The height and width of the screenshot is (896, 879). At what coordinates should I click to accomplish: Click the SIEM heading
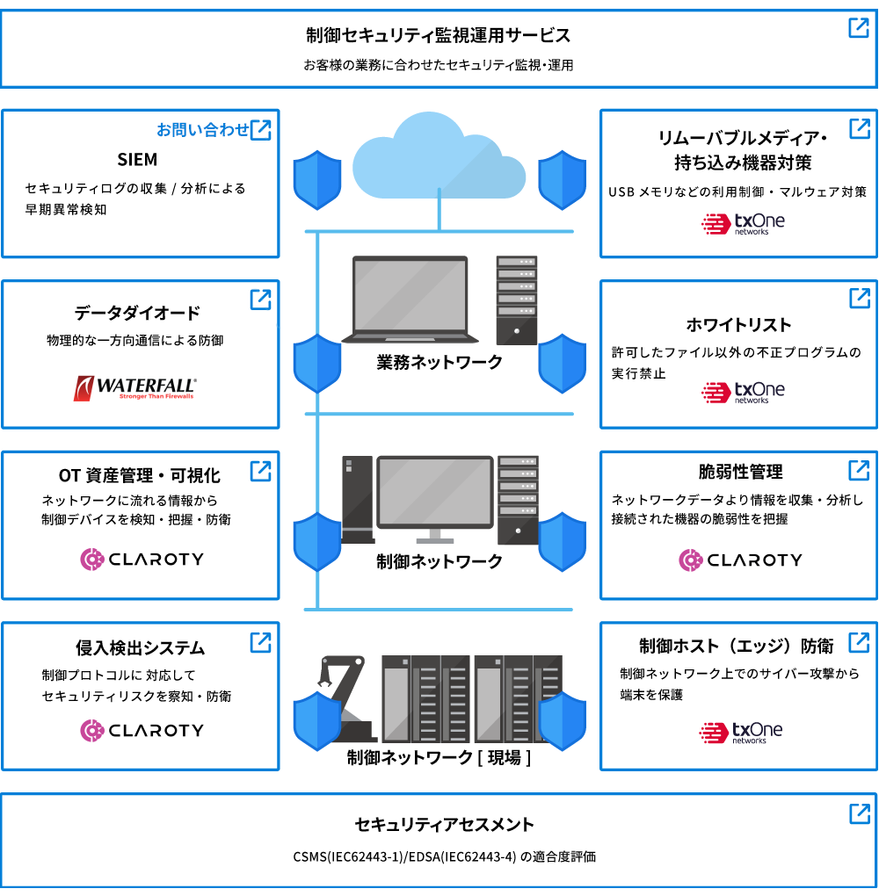[x=137, y=159]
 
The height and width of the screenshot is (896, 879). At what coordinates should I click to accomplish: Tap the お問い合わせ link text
[x=203, y=130]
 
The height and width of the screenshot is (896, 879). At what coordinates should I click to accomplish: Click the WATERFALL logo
[x=135, y=388]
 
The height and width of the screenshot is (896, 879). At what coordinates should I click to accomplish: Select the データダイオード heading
[x=137, y=313]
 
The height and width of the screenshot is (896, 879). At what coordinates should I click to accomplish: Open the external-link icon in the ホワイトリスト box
[x=859, y=298]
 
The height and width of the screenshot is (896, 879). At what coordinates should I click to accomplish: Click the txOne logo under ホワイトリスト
[x=743, y=392]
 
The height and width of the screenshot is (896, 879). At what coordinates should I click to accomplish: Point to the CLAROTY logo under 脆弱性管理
[x=740, y=560]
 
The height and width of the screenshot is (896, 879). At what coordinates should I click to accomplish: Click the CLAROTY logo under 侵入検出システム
[x=142, y=730]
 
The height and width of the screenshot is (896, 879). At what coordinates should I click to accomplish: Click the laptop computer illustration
[x=410, y=300]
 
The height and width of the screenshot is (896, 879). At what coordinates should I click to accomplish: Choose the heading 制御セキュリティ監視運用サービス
[x=438, y=36]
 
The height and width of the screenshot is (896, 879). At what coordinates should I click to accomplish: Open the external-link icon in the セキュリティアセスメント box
[x=859, y=813]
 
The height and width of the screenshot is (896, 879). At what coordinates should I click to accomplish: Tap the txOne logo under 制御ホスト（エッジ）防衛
[x=740, y=732]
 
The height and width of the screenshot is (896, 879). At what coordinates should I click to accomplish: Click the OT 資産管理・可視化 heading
[x=139, y=475]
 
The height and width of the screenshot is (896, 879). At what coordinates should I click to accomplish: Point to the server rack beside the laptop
[x=516, y=300]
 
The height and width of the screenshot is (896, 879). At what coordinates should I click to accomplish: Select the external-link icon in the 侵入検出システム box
[x=260, y=642]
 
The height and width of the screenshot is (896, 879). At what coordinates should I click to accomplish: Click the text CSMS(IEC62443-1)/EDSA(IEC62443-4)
[x=404, y=856]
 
